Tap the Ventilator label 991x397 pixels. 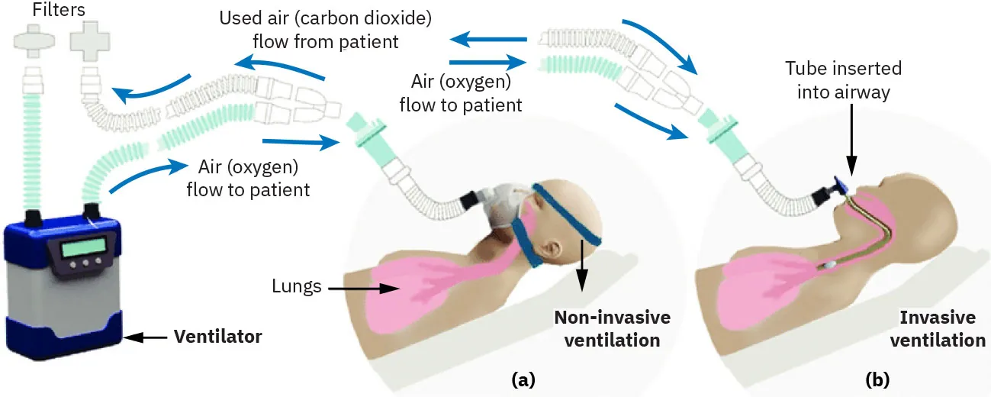point(217,336)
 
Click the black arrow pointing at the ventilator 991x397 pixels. point(145,336)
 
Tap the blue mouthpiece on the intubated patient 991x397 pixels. point(841,186)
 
